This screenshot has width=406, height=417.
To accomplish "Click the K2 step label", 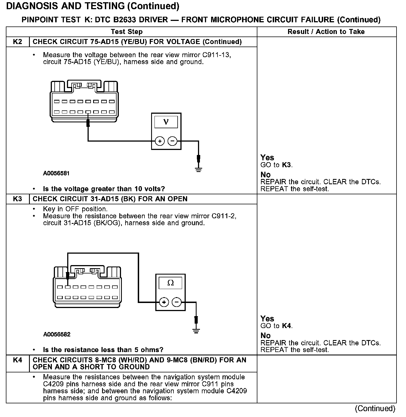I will (18, 42).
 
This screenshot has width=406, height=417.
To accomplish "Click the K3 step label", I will (18, 199).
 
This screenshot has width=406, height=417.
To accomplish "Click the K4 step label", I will (18, 360).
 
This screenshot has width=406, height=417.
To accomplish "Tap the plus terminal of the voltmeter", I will (160, 141).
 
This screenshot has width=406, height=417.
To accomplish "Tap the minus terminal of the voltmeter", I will (173, 141).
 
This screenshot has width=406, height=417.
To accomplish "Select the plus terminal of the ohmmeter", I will (164, 302).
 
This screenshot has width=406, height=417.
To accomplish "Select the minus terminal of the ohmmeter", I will (177, 302).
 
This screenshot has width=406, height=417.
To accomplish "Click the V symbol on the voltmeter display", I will (166, 122).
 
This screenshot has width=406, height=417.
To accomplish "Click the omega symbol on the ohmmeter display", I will (170, 283).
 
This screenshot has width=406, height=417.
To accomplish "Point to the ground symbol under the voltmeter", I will (199, 169).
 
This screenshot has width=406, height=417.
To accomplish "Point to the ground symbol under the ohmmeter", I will (196, 331).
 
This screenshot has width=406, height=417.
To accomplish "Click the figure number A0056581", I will (56, 173).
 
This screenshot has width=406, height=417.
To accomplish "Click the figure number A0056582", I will (57, 334).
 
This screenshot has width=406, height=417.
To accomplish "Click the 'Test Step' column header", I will (127, 32).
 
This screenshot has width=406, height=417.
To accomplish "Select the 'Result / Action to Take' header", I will (326, 32).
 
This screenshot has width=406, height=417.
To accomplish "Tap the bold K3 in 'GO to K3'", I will (287, 165).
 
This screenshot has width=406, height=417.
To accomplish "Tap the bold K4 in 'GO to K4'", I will (287, 326).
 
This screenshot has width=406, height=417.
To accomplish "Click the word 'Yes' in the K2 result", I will (267, 157).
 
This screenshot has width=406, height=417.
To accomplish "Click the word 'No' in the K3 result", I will (265, 335).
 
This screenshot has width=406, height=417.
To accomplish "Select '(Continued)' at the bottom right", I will (375, 408).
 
